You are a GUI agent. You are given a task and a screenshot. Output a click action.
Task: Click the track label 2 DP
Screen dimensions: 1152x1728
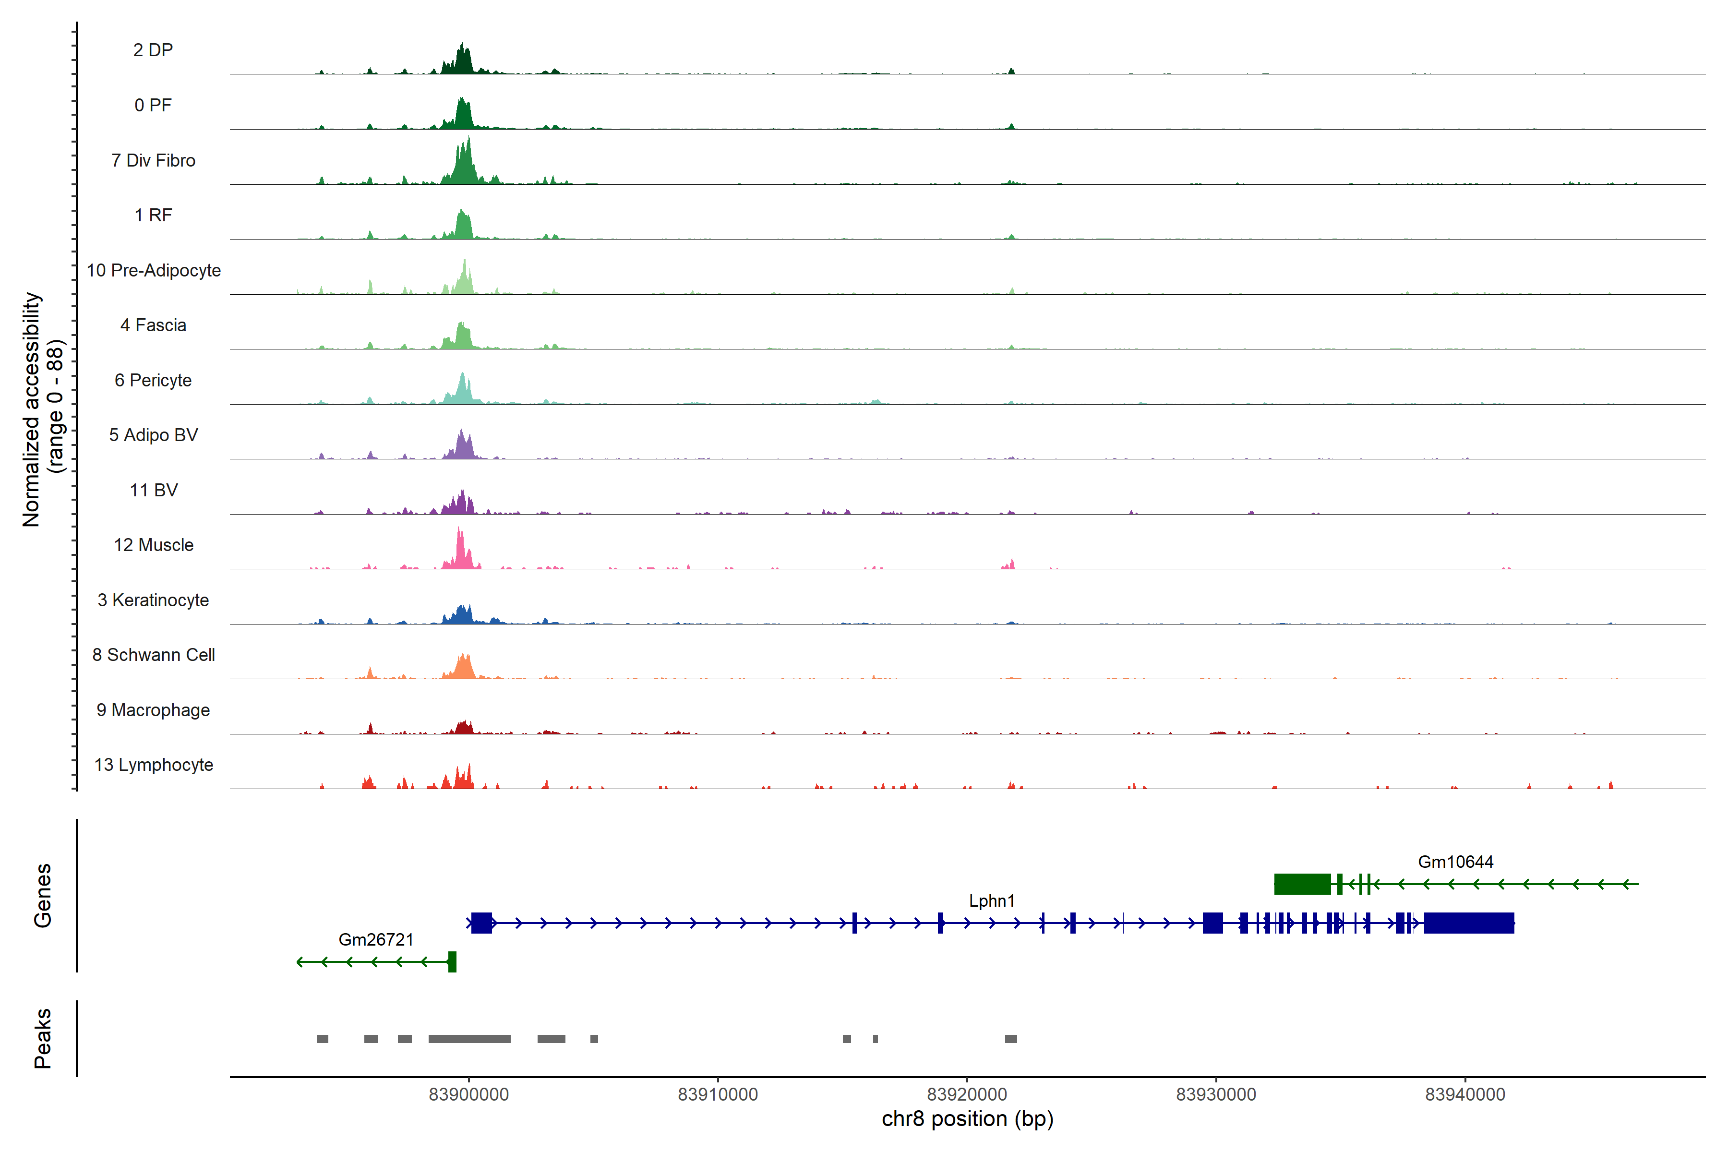pos(153,50)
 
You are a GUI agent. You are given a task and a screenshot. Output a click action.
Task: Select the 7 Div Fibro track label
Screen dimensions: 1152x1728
pos(153,160)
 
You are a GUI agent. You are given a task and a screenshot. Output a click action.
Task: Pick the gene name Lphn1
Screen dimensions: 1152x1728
pos(991,901)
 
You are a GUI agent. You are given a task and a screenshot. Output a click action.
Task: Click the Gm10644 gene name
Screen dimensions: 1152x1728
pos(1455,862)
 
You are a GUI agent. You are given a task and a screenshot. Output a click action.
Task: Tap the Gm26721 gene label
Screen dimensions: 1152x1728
pos(375,940)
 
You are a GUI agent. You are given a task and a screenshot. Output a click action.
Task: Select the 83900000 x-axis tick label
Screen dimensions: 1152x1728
pos(469,1095)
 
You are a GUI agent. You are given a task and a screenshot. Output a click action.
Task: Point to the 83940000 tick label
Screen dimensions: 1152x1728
pos(1465,1095)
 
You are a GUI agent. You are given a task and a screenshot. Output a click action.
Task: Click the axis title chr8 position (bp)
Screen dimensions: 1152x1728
pos(967,1119)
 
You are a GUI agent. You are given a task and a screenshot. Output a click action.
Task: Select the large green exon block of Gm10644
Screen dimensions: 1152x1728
pos(1302,884)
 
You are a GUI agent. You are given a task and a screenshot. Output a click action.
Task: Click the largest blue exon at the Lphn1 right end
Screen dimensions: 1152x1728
pos(1469,923)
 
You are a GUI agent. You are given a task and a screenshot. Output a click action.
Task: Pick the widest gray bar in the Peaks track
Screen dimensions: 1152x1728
pos(469,1039)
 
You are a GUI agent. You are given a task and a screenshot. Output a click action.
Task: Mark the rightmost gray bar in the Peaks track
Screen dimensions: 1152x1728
pos(1011,1039)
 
